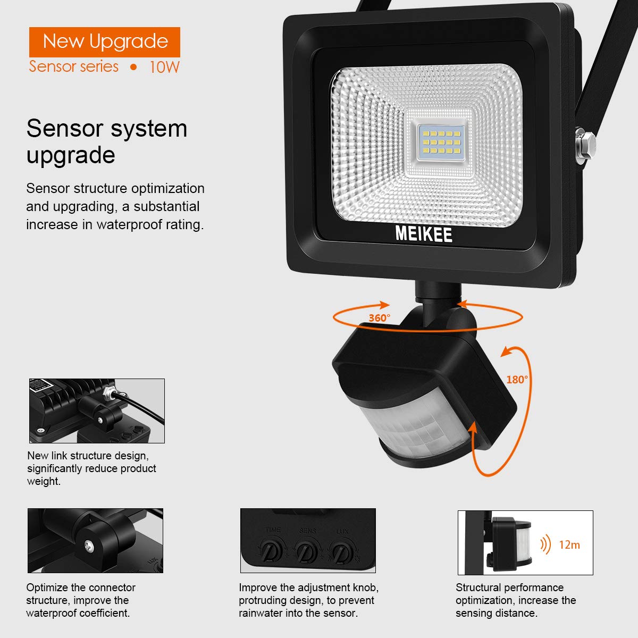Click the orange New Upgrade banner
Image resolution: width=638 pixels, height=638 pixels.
(105, 41)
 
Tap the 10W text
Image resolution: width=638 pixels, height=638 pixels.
(164, 67)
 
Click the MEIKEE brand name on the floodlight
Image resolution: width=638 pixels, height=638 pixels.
(424, 233)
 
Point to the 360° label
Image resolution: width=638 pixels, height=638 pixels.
(379, 318)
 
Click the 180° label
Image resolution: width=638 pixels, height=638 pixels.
(517, 380)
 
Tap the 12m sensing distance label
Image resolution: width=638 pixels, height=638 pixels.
(569, 544)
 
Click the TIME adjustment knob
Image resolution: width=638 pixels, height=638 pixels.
(272, 551)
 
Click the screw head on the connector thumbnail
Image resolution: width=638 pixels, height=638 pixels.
(88, 545)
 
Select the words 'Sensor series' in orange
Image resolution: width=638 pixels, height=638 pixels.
(74, 66)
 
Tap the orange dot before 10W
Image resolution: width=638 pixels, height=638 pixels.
(133, 67)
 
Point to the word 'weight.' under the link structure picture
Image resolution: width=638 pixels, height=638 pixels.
(44, 481)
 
